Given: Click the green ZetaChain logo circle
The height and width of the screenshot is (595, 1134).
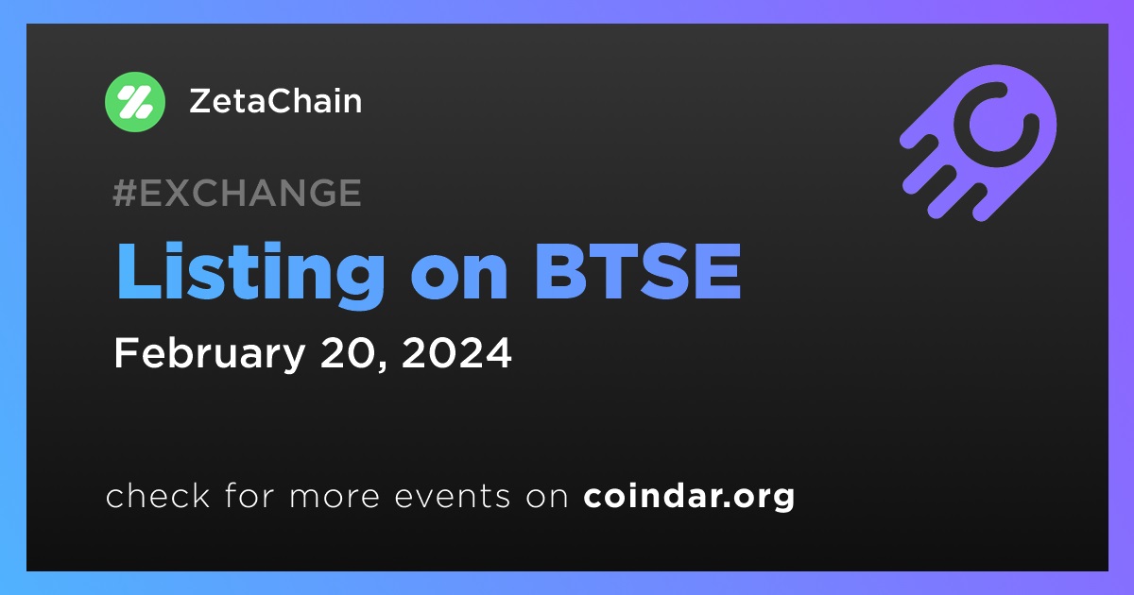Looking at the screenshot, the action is coord(134,102).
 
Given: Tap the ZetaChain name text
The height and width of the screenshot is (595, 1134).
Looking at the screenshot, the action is coord(275,101).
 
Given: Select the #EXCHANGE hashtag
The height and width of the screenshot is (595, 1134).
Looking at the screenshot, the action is coord(237,193).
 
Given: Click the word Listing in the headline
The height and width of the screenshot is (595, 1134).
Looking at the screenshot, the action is coord(251,274).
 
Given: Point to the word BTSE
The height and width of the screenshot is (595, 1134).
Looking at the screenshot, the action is coord(638,271).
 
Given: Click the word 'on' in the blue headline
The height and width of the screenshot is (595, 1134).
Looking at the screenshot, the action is coord(459,279).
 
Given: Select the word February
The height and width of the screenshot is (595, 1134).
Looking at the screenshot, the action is coord(210,355).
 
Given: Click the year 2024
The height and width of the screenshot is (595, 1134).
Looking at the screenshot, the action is coord(456,352).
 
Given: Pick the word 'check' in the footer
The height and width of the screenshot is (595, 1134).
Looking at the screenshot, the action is coord(158,495).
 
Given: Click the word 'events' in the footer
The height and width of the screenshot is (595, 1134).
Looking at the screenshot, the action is coord(452,497).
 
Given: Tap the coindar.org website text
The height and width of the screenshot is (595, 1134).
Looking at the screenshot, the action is coord(689,497).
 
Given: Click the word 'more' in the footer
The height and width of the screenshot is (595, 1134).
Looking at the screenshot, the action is coord(335,498).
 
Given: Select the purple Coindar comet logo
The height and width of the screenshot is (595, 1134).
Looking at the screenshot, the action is coord(978,144).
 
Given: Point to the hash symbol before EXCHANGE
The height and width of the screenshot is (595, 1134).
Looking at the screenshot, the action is coord(125,193).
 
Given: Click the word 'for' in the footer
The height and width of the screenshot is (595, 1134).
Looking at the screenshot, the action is coord(249,495).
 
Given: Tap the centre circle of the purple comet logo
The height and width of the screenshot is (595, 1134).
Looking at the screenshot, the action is coord(996,125).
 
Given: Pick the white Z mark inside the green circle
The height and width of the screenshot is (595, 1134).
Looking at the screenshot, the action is coord(134,102).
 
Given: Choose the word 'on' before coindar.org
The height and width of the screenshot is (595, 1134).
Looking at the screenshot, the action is coord(547,498).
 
